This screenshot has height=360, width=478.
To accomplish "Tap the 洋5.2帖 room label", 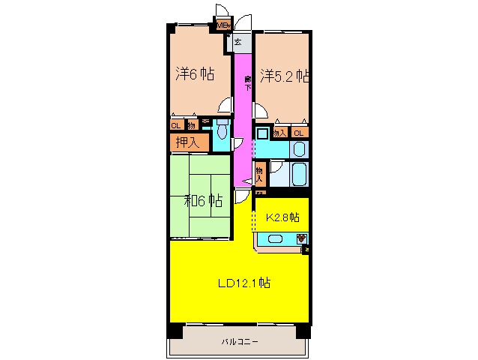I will pos(285,76).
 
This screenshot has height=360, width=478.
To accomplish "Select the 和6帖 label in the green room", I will pos(203,200).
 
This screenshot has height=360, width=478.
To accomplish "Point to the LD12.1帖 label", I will pos(244,283).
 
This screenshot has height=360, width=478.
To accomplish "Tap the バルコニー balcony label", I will pos(240,342).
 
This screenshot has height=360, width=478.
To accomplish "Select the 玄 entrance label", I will pos(238,42).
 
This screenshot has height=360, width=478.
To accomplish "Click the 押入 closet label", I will pos(187,141).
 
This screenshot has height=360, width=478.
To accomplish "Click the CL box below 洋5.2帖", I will pos(299,133).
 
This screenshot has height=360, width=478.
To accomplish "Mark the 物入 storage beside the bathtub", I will pos(261,175).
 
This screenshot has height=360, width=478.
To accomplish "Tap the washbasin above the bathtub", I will pos(298,148).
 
